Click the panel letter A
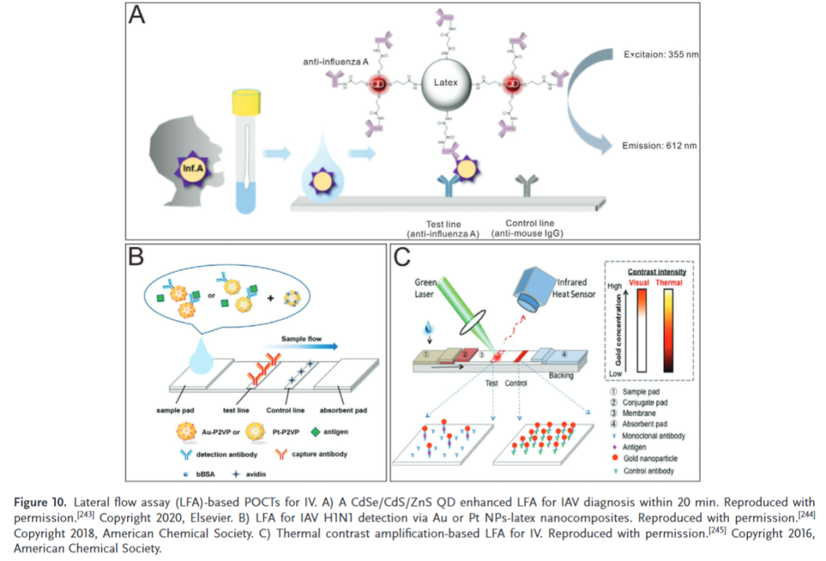(x=138, y=18)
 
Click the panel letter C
(x=404, y=257)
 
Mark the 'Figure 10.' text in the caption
(x=43, y=502)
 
